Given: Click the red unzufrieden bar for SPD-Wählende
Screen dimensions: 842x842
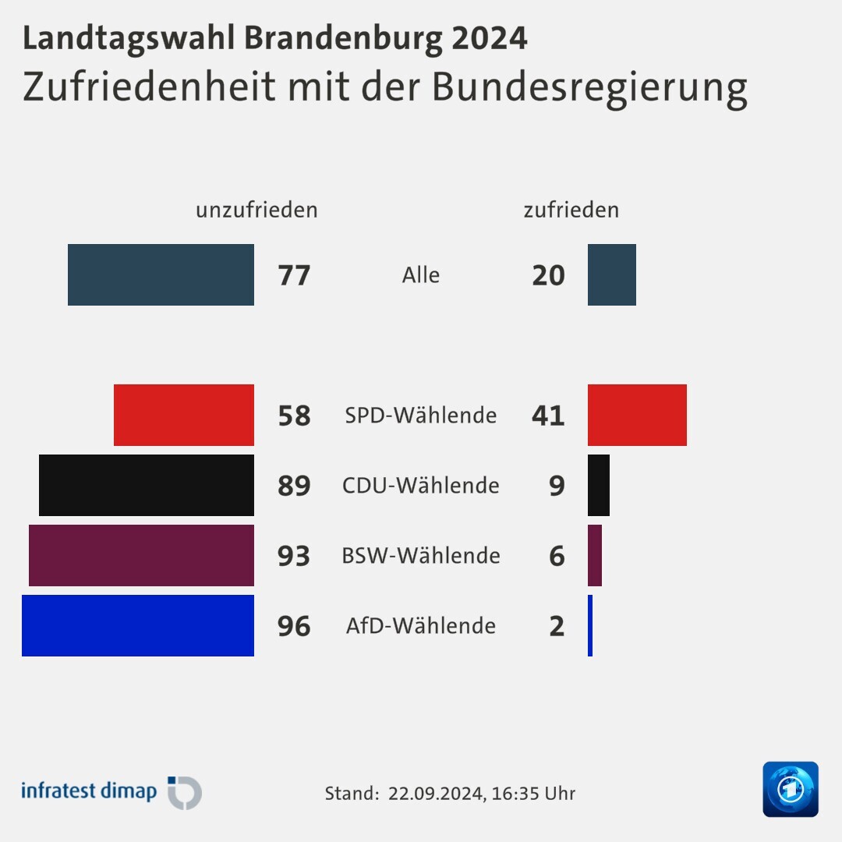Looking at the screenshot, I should pyautogui.click(x=184, y=415).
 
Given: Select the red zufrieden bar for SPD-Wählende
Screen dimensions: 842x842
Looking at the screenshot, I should pyautogui.click(x=637, y=415).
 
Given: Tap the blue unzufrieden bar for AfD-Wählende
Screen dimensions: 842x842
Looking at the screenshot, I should pyautogui.click(x=138, y=625).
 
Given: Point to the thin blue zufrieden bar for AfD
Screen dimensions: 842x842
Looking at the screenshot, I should pyautogui.click(x=590, y=625).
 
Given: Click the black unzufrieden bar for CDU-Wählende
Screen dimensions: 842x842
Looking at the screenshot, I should pyautogui.click(x=147, y=485).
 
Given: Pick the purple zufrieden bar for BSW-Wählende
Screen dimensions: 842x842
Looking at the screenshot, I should pyautogui.click(x=595, y=555).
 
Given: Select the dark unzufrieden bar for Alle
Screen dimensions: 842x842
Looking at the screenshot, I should pyautogui.click(x=161, y=274).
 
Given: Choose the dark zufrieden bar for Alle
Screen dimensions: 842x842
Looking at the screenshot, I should pyautogui.click(x=612, y=274).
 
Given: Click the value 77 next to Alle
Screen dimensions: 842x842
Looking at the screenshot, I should pyautogui.click(x=294, y=275).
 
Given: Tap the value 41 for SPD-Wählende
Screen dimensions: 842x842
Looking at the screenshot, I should pyautogui.click(x=548, y=416).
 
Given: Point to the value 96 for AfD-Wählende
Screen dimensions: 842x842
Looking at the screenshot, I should pyautogui.click(x=294, y=626).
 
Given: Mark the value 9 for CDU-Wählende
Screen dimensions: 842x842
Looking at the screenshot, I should pyautogui.click(x=557, y=486).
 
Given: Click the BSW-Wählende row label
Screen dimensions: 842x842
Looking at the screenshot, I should pyautogui.click(x=421, y=556).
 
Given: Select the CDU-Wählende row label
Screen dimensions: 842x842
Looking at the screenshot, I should pyautogui.click(x=421, y=486).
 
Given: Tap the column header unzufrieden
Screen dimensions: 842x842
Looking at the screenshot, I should pyautogui.click(x=256, y=210).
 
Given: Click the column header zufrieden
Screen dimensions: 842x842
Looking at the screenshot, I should pyautogui.click(x=571, y=210).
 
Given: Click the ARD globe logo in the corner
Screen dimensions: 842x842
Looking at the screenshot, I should pyautogui.click(x=791, y=789).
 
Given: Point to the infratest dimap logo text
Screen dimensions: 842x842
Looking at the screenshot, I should pyautogui.click(x=89, y=791).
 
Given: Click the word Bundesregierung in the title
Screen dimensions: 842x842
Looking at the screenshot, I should pyautogui.click(x=589, y=87).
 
